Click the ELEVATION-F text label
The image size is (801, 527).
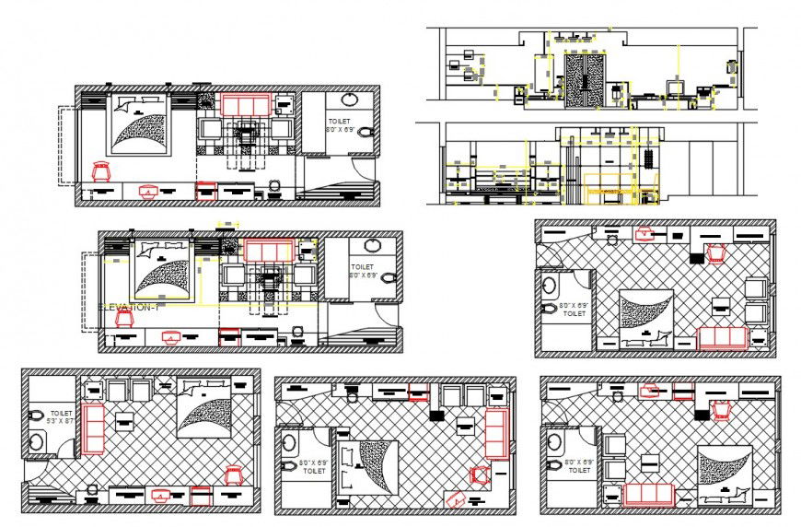[x=129, y=307]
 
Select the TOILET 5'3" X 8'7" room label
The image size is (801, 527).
[x=62, y=418]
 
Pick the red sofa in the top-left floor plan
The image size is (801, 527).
[x=246, y=105]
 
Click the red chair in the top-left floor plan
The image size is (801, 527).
[x=101, y=171]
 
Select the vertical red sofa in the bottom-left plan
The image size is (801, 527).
[x=94, y=427]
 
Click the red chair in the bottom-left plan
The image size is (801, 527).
[x=233, y=475]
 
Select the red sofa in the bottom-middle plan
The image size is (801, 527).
[x=495, y=433]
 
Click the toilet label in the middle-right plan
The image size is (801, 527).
[x=573, y=310]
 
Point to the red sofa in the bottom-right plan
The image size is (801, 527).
[x=651, y=495]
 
